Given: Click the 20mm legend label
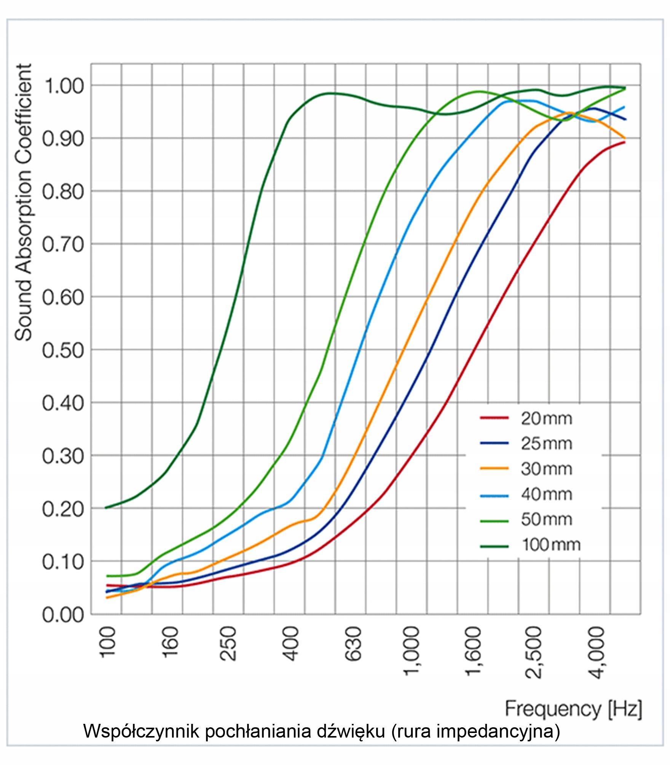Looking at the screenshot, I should point(546,419).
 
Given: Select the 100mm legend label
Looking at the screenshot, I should point(550,545).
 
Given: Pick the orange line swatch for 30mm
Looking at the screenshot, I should point(494,469).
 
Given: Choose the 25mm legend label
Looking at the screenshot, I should point(546,444).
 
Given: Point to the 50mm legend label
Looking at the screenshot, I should point(546,520).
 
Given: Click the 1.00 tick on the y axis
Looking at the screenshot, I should point(64,86).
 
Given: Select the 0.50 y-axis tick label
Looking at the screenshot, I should point(63,350).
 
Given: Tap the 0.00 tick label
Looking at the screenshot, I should point(63,615).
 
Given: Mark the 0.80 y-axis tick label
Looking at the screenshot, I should point(63,192).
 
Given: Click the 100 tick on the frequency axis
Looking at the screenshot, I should point(108,642).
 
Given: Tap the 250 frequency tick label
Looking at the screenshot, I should point(228,644).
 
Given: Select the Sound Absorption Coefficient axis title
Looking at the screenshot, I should point(23,202).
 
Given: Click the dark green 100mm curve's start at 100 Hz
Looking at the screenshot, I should point(106,507).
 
